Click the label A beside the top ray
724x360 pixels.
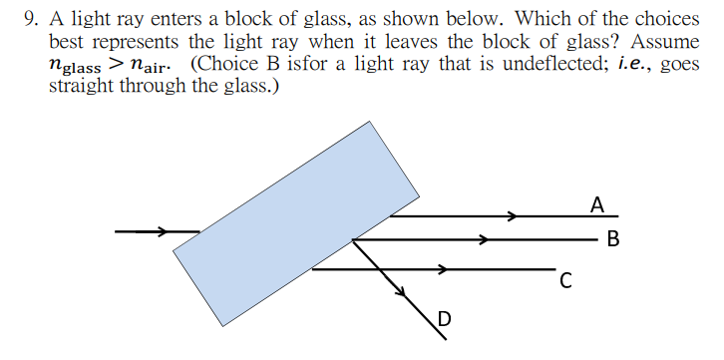(x=596, y=204)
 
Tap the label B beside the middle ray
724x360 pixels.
(x=612, y=239)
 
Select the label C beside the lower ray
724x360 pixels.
(x=565, y=281)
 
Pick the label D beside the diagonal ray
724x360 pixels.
(x=444, y=319)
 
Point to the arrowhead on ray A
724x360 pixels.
(x=512, y=215)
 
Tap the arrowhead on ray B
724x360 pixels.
(x=483, y=239)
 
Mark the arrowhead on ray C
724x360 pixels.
(x=440, y=268)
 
